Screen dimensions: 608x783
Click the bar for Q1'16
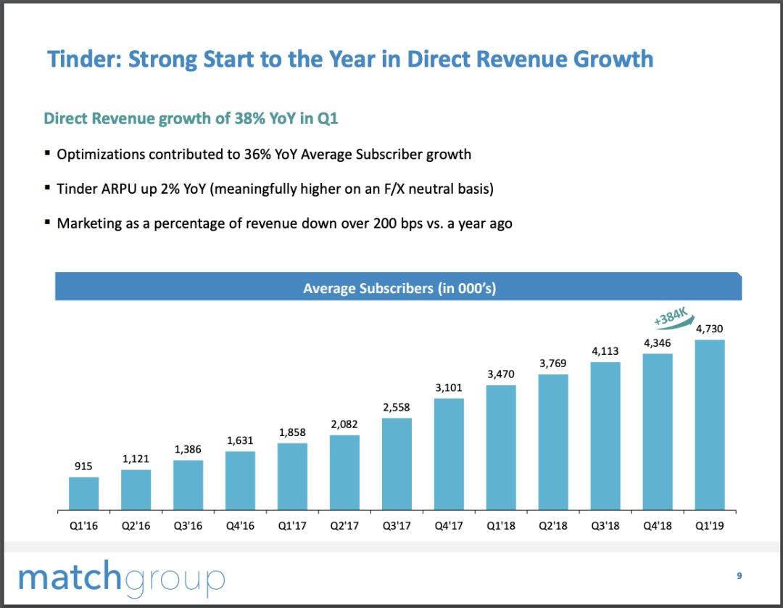tap(84, 493)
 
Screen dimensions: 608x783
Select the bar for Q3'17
tap(397, 464)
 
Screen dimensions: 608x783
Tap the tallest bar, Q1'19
tap(710, 424)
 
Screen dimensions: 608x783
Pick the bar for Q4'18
tap(658, 431)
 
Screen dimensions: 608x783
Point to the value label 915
tap(83, 467)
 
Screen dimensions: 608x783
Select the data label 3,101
tap(448, 388)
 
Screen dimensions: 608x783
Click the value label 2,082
tap(344, 424)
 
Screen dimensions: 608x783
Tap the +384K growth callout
tap(669, 316)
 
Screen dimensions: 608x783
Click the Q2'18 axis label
tap(553, 525)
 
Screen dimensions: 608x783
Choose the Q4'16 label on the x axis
tap(240, 525)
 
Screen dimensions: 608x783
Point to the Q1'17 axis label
tap(292, 525)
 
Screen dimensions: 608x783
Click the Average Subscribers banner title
tap(399, 288)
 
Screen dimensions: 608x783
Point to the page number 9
tap(739, 575)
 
